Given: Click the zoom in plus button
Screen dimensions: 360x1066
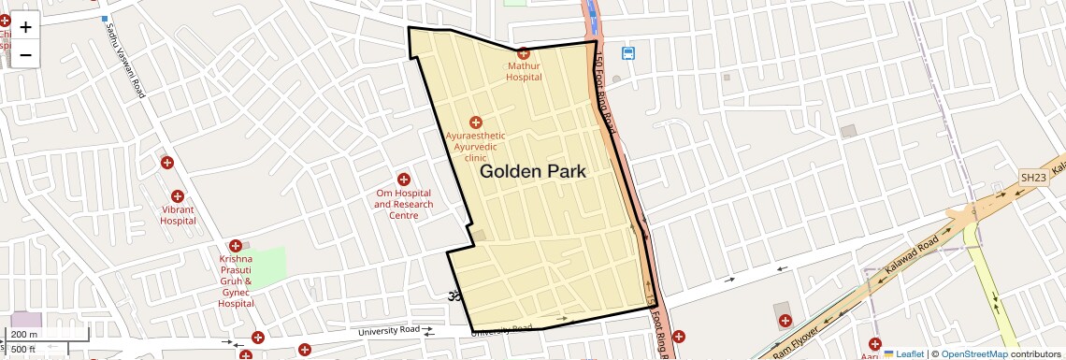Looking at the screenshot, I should [25, 27].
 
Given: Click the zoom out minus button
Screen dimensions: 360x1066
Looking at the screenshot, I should [25, 54].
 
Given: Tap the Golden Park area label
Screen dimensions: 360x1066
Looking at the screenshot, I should [532, 172].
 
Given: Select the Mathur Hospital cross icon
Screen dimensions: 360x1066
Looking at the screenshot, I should [524, 53].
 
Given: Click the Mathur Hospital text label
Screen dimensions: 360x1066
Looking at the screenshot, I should [524, 72].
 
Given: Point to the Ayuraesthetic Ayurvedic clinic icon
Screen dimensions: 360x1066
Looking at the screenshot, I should [475, 122].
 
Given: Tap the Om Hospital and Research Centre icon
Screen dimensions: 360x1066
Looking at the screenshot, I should [404, 179].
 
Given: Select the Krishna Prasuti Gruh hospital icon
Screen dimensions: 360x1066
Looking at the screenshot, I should [235, 245].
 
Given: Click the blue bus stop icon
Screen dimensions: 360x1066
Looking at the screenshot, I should [628, 53].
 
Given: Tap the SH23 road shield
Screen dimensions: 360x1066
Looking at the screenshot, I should [1032, 178].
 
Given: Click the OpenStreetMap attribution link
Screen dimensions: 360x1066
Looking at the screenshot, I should [973, 353].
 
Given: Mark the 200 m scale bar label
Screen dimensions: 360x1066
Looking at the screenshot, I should [25, 334].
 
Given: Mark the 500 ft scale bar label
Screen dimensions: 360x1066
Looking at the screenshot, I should [25, 350].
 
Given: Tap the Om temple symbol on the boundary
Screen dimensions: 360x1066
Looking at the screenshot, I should [453, 296].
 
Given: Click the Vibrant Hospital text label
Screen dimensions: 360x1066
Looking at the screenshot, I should [178, 215].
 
